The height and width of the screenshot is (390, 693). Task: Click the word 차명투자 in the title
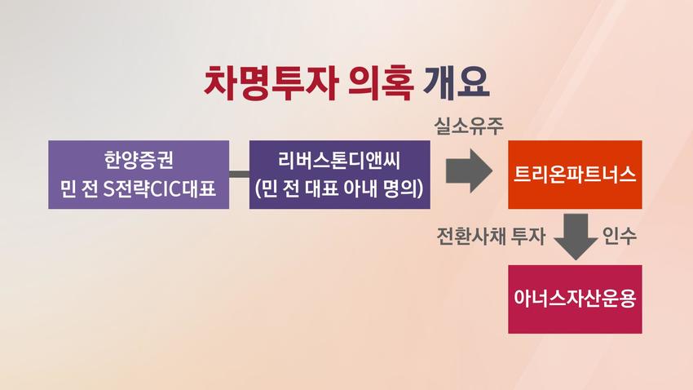pos(271,82)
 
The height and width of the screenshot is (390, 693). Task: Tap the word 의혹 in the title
pos(381,82)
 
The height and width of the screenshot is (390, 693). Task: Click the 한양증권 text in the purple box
pos(139,160)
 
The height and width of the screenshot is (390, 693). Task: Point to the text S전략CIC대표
pos(160,189)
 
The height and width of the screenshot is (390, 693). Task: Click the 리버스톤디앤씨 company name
pos(339,160)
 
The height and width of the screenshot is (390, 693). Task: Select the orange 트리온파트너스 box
pos(575,175)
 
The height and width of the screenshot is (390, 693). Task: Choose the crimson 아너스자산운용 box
pos(575,299)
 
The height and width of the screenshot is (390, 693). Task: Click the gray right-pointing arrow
pos(469,171)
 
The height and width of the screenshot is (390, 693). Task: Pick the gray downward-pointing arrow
pos(576,237)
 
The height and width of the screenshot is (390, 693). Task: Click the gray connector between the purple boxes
pos(239,175)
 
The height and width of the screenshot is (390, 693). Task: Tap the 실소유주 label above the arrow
pos(469,126)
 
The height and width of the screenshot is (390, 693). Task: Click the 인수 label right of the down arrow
pos(619,236)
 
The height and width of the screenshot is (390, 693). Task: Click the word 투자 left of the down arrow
pos(527,236)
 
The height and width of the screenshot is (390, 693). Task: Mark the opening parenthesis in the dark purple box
pos(258,189)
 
